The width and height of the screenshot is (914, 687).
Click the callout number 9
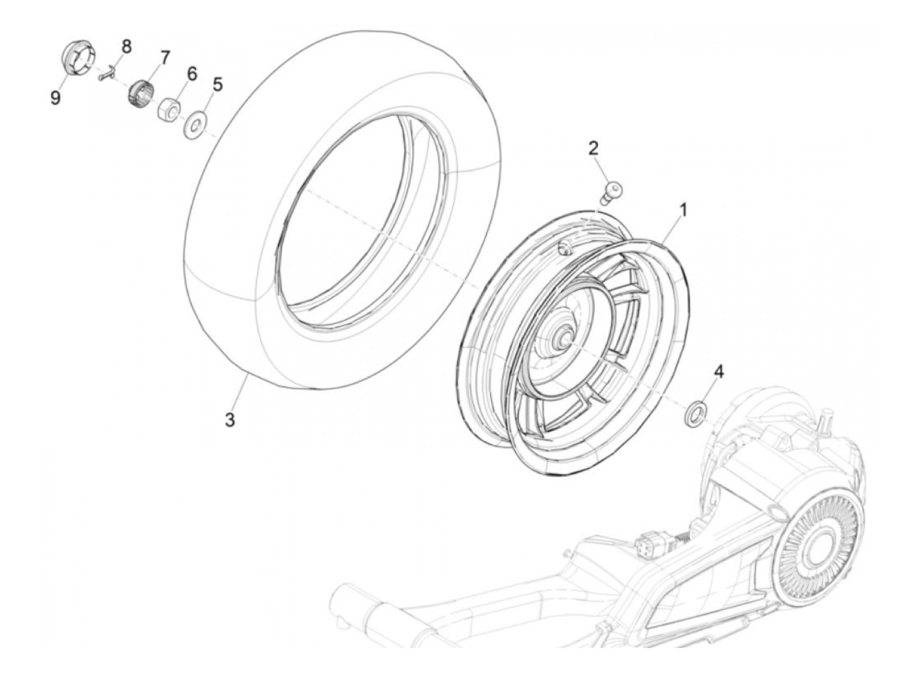pyautogui.click(x=55, y=98)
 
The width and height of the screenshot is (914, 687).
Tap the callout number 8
pyautogui.click(x=126, y=46)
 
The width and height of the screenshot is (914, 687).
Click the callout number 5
pyautogui.click(x=217, y=84)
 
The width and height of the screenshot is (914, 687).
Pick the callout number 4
pyautogui.click(x=719, y=372)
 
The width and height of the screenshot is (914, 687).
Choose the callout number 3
pyautogui.click(x=230, y=420)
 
